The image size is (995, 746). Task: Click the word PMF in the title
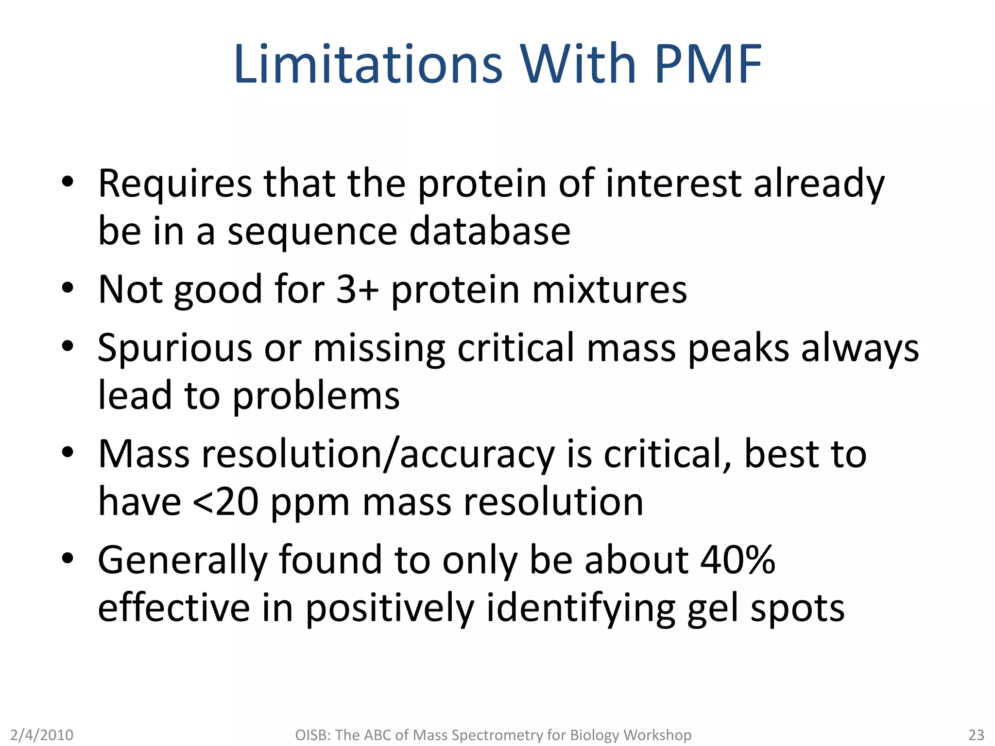(x=708, y=64)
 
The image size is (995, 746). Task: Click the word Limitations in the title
(x=368, y=64)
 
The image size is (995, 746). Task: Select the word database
(x=490, y=231)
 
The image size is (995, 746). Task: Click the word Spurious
(x=175, y=349)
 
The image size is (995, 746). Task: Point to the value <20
(x=225, y=502)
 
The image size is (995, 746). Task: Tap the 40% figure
(x=738, y=560)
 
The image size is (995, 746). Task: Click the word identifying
(x=581, y=609)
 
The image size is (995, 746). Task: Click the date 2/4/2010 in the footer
(x=42, y=735)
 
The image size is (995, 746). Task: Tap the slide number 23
(x=976, y=735)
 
